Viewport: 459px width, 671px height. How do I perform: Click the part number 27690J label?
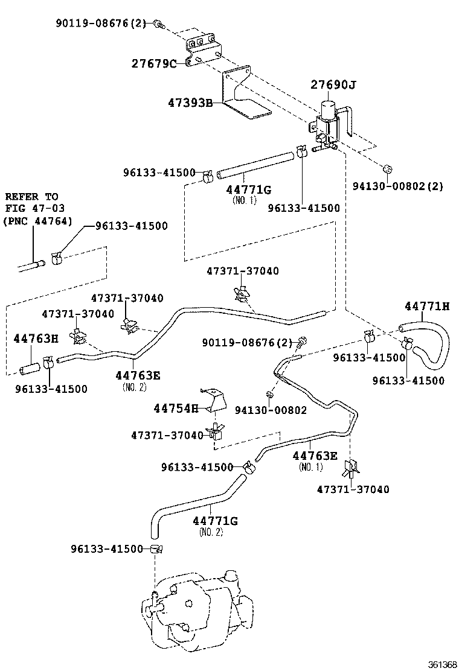[x=333, y=85]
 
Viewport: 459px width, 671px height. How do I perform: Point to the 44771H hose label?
[x=427, y=307]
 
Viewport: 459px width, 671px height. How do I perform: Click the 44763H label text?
[x=36, y=339]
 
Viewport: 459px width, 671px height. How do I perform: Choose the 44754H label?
[x=176, y=409]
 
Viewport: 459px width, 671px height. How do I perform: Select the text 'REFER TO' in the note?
[x=31, y=197]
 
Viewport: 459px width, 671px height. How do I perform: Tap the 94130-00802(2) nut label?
[x=397, y=186]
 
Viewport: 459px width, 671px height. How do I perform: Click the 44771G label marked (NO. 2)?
[x=215, y=520]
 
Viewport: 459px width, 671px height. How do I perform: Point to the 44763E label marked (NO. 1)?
[x=316, y=456]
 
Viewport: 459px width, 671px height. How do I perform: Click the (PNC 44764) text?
[x=38, y=221]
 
